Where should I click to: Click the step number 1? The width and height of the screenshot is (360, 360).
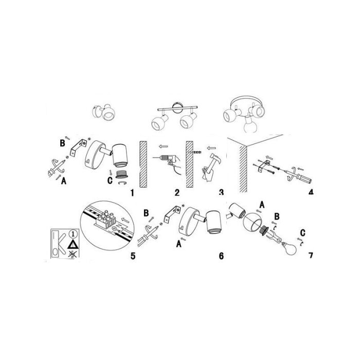tap(132, 193)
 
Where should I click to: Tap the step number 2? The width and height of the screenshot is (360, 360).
tap(177, 192)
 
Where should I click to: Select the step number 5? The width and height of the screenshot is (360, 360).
tap(133, 256)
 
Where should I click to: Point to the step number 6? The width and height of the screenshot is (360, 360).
tap(221, 256)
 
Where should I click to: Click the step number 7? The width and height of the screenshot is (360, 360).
tap(311, 255)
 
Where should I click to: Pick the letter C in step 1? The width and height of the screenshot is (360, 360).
tap(110, 181)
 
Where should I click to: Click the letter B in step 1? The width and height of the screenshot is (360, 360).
tap(62, 143)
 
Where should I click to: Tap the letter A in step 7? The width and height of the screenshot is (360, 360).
tap(262, 205)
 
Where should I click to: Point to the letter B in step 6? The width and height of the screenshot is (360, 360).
tap(146, 213)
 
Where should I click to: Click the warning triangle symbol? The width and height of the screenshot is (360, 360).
tap(73, 244)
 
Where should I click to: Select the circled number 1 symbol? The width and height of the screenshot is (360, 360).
tap(74, 234)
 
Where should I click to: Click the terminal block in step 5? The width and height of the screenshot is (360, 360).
tap(105, 221)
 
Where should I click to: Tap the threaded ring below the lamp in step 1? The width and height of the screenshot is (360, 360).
tap(121, 174)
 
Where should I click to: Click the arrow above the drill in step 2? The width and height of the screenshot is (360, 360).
tap(164, 146)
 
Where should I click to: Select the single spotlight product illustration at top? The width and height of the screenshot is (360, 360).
tap(104, 112)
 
